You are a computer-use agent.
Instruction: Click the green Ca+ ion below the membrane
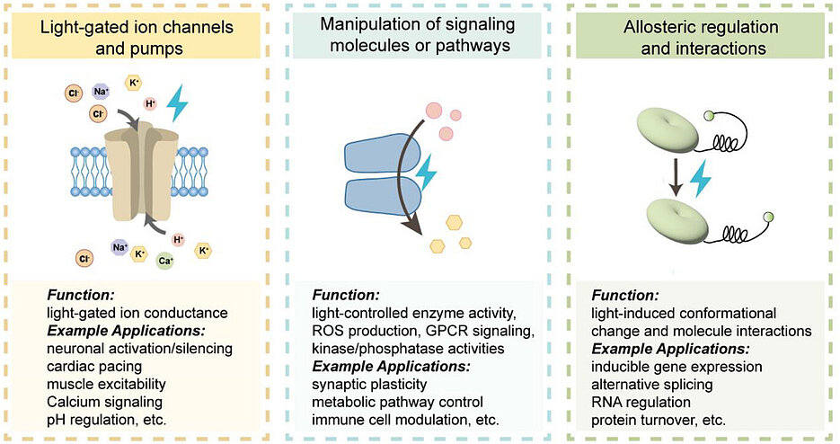click(x=165, y=261)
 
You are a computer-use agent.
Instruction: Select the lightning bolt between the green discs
click(x=698, y=178)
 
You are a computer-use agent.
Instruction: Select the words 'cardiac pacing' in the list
click(x=93, y=365)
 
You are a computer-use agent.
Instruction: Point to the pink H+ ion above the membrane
click(x=150, y=103)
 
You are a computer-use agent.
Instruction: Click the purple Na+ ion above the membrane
click(x=102, y=91)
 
